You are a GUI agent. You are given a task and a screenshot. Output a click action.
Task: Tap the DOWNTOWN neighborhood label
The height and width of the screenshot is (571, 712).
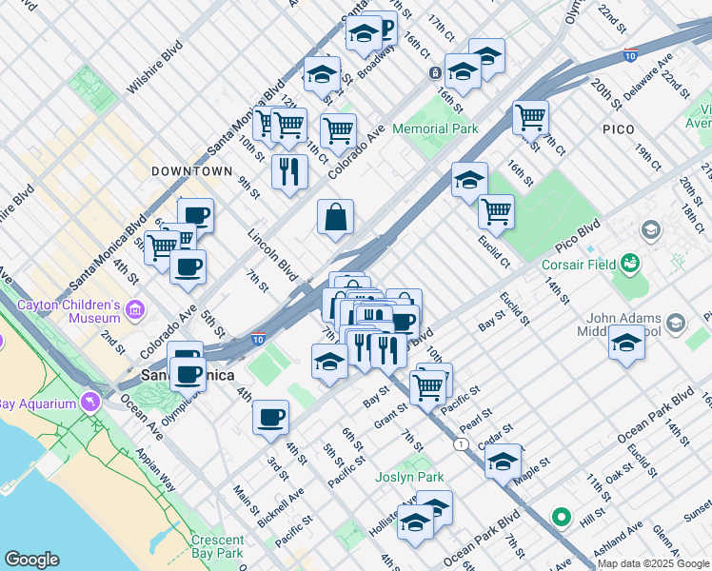191,171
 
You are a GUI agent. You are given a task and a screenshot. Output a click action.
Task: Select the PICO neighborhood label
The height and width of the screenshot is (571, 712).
618,128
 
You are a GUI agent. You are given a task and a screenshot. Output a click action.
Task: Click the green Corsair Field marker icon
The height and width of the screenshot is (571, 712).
629,262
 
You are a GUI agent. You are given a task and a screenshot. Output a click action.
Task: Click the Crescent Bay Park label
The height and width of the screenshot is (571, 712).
217,545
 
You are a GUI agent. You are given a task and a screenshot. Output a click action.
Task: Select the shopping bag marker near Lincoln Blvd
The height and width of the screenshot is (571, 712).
336,218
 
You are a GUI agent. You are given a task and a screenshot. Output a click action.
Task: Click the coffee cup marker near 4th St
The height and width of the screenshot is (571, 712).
271,417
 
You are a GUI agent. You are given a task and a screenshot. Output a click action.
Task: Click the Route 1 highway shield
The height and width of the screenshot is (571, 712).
461,444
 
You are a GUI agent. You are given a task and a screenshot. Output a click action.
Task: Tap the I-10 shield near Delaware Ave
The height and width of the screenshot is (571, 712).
630,56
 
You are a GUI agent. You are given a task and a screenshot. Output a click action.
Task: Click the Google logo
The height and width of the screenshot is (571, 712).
31,560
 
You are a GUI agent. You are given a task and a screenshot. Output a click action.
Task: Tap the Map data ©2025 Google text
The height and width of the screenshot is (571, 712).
653,563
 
